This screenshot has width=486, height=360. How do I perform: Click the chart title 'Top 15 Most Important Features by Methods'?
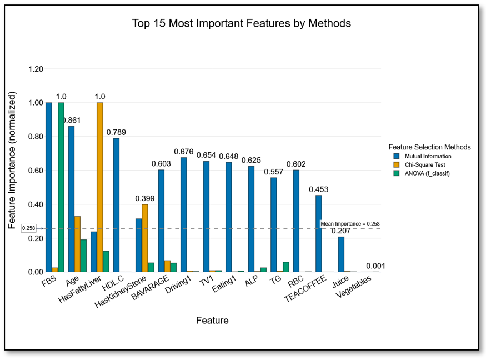pos(242,23)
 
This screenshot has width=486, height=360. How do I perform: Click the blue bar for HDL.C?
pos(117,205)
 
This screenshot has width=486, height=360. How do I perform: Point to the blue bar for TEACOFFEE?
pos(319,233)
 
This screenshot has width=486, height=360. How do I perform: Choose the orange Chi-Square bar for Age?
pos(77,244)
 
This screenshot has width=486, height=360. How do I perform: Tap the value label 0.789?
pos(117,132)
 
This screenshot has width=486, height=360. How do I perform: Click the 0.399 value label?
pos(145,198)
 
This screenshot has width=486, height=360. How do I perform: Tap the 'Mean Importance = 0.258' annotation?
pos(350,224)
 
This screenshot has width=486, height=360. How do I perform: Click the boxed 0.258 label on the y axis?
pos(28,228)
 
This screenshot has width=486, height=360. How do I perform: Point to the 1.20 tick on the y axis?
pos(36,69)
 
